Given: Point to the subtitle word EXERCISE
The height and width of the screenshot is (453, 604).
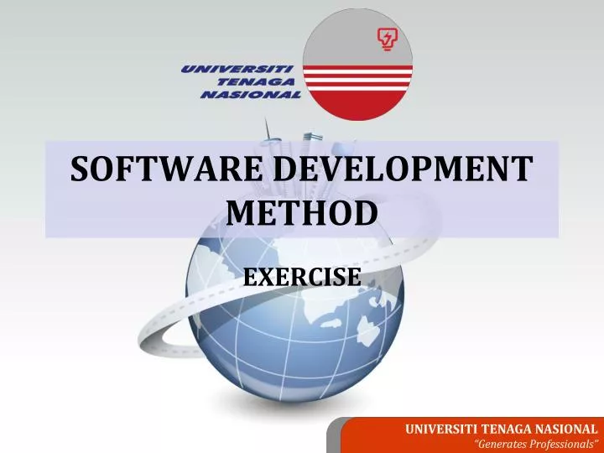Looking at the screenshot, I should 302,276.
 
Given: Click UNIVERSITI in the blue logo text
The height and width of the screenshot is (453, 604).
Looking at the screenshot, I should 237,69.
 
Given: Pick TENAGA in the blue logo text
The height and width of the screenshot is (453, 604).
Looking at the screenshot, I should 255,81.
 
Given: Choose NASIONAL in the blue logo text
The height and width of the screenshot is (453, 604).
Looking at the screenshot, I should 250,95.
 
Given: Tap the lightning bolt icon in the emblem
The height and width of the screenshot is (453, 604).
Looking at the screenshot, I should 388,39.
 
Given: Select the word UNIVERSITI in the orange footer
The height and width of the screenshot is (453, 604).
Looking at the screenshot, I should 441,429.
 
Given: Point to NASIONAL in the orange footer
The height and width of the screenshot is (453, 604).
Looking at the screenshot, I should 568,429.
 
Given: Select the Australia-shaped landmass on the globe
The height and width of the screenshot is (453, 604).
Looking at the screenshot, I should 369,324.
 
